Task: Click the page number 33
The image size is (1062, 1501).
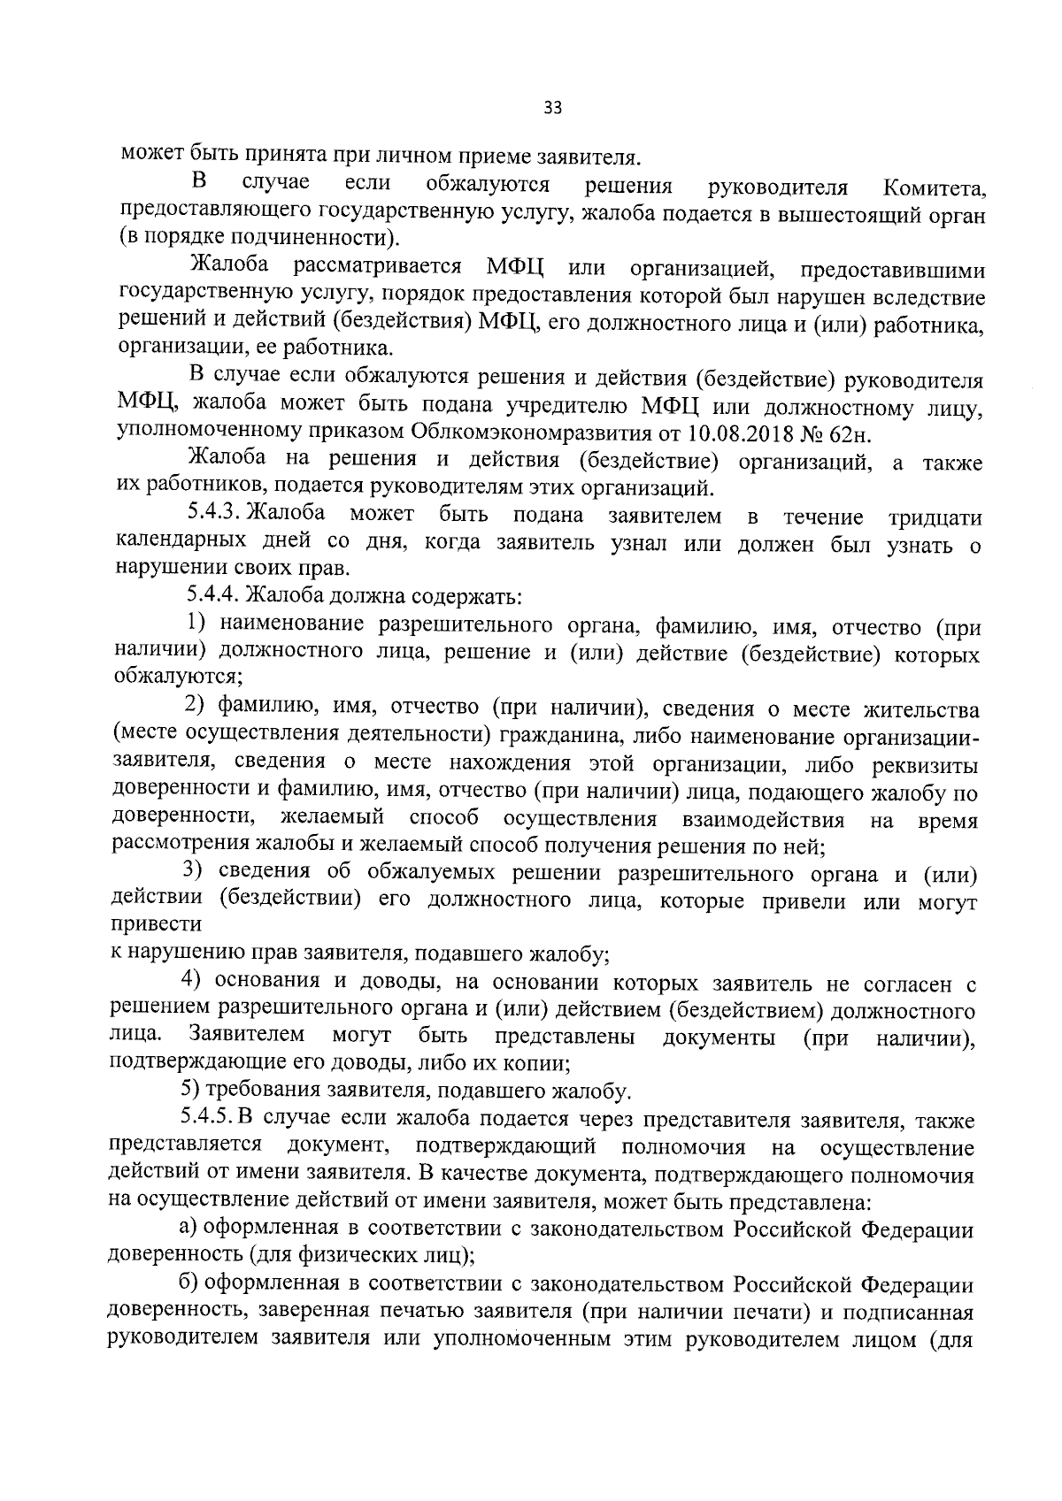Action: click(x=552, y=108)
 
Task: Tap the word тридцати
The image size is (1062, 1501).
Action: click(x=934, y=517)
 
